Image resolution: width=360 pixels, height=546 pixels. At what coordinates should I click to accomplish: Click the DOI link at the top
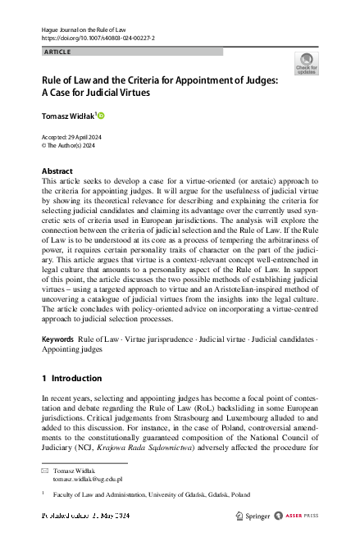click(98, 39)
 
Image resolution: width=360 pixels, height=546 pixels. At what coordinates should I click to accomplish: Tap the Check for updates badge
click(306, 63)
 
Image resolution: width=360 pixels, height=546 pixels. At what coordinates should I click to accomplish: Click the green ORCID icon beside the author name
click(102, 116)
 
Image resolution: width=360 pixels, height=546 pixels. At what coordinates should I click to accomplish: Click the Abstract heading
click(57, 171)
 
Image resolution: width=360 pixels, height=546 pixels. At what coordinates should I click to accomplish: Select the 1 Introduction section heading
click(71, 378)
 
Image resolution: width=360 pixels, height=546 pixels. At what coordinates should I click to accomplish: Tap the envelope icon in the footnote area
click(45, 470)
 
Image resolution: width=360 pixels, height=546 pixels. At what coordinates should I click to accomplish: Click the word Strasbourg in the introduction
click(193, 415)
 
